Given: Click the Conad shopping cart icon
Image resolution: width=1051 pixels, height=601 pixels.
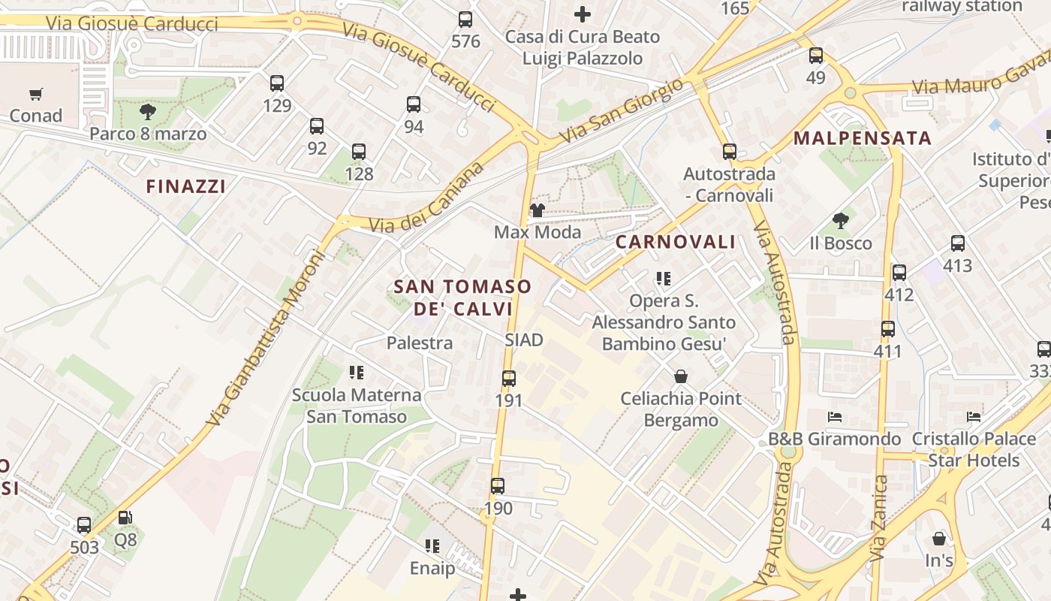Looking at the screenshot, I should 35,94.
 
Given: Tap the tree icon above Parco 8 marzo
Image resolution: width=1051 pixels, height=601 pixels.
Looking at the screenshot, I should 148,112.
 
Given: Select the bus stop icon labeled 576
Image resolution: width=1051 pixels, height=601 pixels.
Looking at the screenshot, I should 465,20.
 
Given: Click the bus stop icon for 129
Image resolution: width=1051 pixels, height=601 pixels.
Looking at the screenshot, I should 277,83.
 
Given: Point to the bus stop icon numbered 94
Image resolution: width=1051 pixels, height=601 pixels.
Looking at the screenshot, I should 414,104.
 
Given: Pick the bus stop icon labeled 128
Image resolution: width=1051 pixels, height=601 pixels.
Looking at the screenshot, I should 359,152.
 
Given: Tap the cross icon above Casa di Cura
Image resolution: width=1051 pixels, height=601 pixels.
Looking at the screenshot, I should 582,14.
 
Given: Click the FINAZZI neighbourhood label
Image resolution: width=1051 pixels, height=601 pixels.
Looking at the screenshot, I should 185,186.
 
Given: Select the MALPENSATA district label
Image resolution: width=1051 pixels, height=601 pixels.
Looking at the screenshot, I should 862,138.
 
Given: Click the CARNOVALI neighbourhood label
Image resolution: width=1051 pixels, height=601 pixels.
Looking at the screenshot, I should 676,242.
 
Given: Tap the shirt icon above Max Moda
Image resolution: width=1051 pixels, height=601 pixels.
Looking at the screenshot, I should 537,210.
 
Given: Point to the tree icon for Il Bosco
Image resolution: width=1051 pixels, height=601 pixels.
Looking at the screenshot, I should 840,221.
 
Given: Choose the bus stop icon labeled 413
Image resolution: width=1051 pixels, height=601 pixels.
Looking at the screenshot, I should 957,243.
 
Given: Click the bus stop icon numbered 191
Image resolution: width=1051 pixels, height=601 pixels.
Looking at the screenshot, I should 508,379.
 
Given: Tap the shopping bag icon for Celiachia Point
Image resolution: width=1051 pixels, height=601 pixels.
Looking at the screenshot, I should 681,376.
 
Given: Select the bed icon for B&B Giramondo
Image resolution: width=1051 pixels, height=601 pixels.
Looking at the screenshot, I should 834,416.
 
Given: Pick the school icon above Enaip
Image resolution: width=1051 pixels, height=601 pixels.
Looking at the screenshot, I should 432,546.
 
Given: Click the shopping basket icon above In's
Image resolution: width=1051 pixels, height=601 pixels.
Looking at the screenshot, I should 938,538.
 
